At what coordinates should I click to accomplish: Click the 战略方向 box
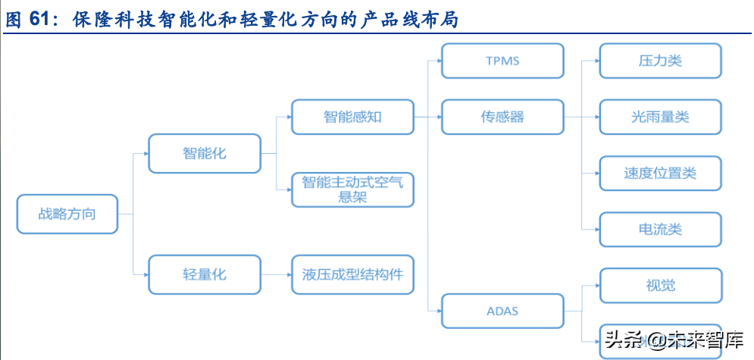pos(67,214)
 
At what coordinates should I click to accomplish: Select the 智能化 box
pos(205,153)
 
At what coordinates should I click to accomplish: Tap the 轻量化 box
pos(205,274)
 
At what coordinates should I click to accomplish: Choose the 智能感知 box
pos(352,117)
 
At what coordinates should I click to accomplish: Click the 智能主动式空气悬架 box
pos(352,189)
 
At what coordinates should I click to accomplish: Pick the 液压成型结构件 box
pos(352,274)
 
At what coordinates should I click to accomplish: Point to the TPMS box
pos(502,61)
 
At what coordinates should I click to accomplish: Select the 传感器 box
pos(502,117)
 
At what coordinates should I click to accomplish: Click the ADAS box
pos(502,311)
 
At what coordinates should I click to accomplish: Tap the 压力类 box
pos(659,61)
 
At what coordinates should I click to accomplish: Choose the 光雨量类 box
pos(659,117)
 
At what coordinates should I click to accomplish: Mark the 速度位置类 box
pos(659,173)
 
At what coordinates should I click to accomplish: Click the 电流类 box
pos(659,229)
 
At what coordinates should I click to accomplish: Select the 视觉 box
pos(659,286)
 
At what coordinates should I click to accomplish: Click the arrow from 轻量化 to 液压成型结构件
pos(276,274)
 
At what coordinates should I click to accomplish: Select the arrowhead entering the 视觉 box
pos(596,286)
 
